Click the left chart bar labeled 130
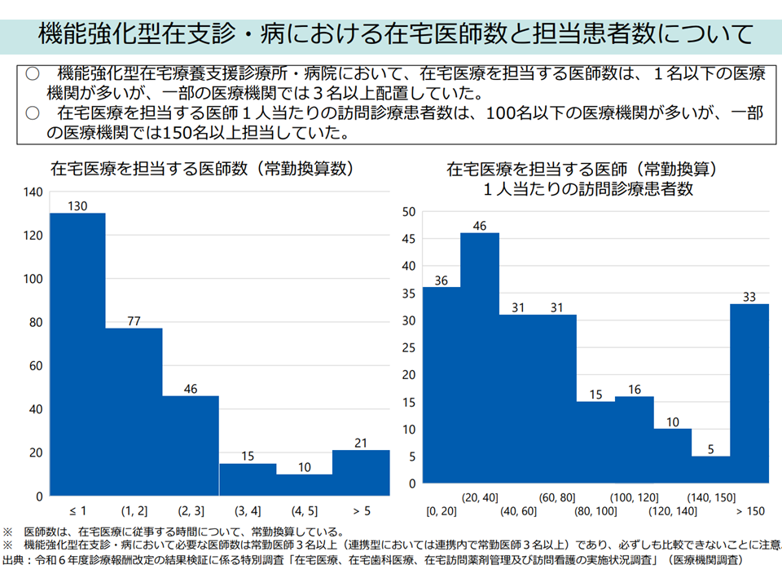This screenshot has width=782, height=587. coord(78,354)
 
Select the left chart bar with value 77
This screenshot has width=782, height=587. coord(134,412)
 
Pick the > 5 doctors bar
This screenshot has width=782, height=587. coord(361,473)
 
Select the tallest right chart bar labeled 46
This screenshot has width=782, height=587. coord(480,358)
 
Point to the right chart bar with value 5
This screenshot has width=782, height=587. coord(710,470)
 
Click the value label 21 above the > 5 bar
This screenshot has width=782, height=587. coord(361,442)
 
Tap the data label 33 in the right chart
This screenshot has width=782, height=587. coord(749,295)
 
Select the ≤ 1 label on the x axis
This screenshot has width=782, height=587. coord(78,511)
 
